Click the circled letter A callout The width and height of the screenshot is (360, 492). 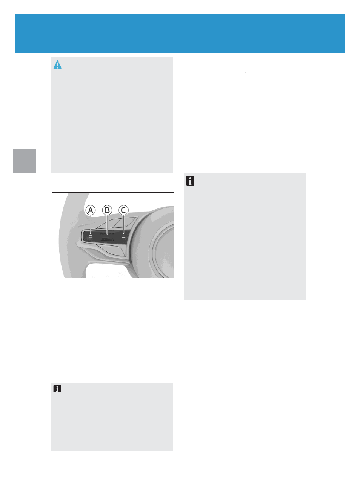pyautogui.click(x=90, y=210)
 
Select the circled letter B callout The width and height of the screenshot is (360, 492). pyautogui.click(x=107, y=210)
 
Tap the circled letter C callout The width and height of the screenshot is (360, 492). pyautogui.click(x=123, y=210)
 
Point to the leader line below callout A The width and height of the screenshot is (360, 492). pyautogui.click(x=91, y=224)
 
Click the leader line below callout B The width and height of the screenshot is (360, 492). pyautogui.click(x=107, y=224)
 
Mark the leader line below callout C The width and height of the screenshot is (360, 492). pyautogui.click(x=123, y=224)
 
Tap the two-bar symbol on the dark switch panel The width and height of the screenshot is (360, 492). pyautogui.click(x=91, y=236)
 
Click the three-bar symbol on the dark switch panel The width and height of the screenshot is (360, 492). pyautogui.click(x=123, y=236)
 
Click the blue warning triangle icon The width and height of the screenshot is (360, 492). pyautogui.click(x=57, y=64)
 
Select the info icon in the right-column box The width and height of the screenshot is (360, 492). pyautogui.click(x=190, y=181)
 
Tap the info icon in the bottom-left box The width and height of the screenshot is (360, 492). pyautogui.click(x=57, y=389)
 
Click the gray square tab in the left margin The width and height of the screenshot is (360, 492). pyautogui.click(x=25, y=161)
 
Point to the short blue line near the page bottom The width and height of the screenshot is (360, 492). pyautogui.click(x=33, y=460)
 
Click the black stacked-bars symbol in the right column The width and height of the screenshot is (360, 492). pyautogui.click(x=245, y=74)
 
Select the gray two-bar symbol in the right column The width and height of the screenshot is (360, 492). pyautogui.click(x=258, y=83)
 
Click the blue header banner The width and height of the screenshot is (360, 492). pyautogui.click(x=180, y=34)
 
